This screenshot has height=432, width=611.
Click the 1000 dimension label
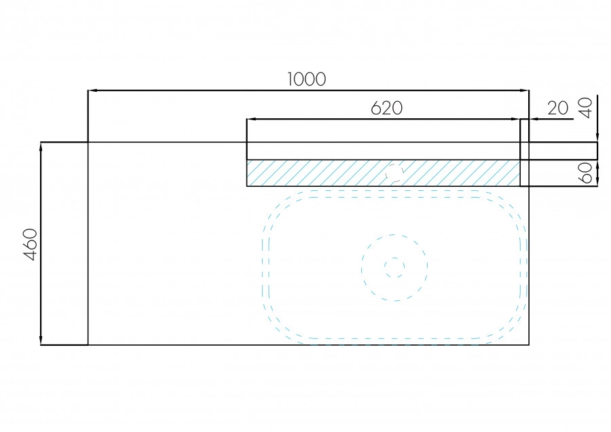pos(307,79)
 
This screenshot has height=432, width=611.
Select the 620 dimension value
pos(386,108)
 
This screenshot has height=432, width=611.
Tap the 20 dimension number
pos(557,108)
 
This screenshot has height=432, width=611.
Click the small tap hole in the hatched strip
pos(394,173)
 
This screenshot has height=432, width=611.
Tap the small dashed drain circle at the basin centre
pos(394,268)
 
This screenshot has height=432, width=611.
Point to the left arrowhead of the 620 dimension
pos(251,119)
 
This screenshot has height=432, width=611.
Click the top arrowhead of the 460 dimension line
pos(41,147)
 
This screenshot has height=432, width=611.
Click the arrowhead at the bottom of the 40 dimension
pos(597,138)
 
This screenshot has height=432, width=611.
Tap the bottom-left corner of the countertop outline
pos(88,345)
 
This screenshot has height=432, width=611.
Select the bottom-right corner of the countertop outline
pos(529,345)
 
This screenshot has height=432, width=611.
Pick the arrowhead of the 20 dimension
pos(534,119)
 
